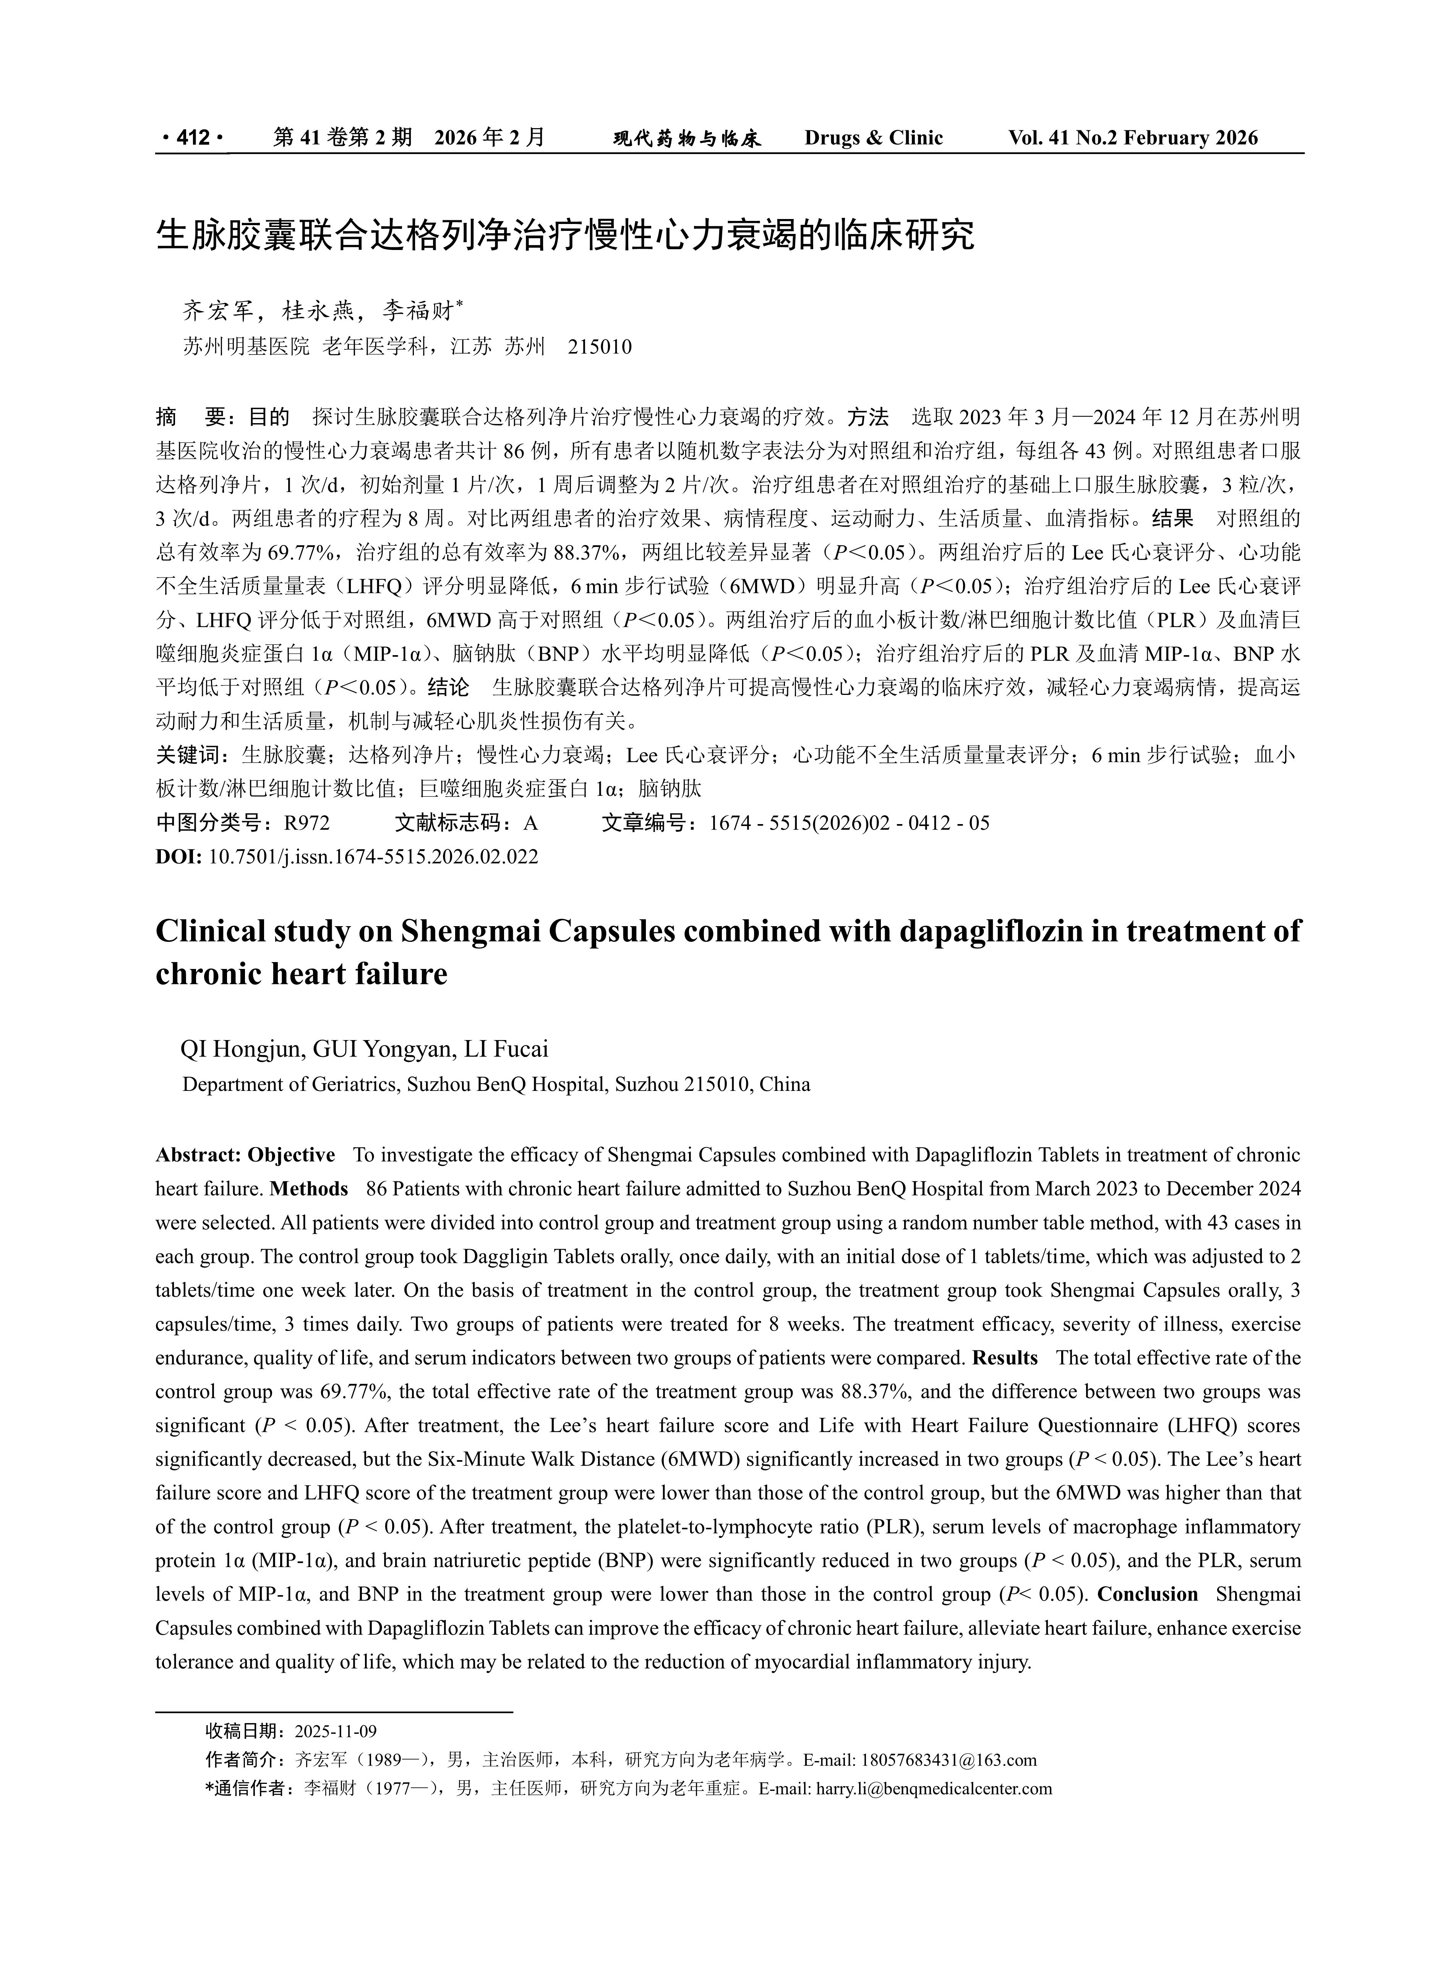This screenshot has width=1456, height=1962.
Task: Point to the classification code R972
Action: (x=307, y=823)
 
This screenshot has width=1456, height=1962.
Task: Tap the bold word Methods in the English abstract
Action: (x=310, y=1189)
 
